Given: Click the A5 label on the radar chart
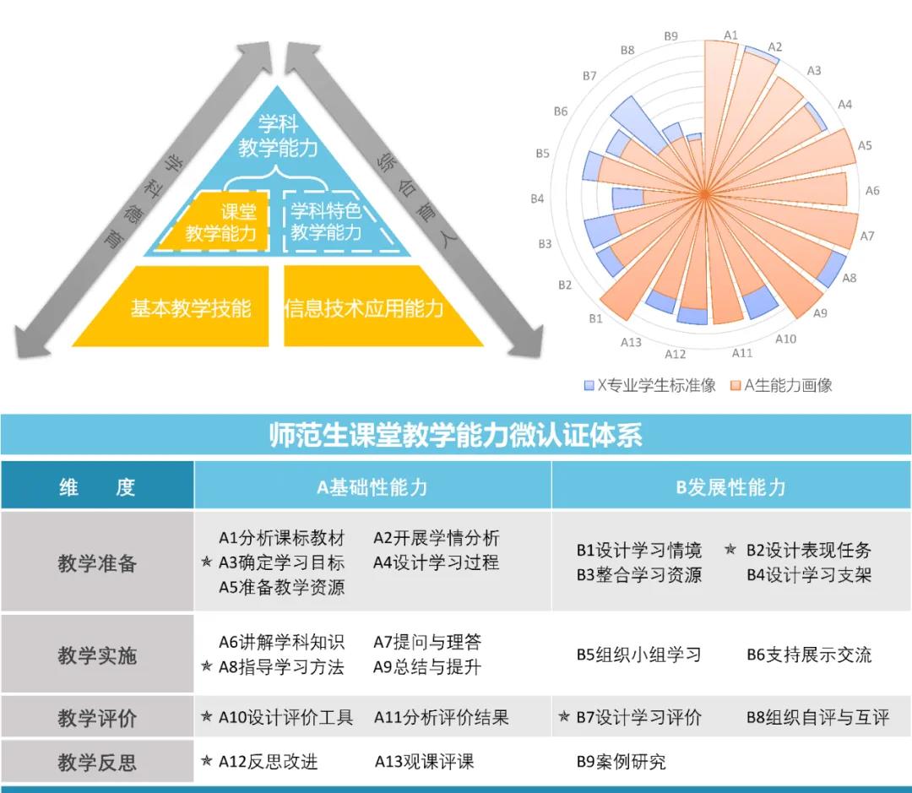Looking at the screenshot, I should coord(865,146).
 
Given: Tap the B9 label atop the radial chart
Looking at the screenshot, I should coord(670,36).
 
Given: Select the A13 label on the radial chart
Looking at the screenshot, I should coord(631,342).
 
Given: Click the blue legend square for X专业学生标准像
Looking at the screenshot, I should coord(589,385).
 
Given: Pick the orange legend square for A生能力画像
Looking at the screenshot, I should coord(736,385).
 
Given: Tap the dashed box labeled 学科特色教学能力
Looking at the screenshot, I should coord(326,221).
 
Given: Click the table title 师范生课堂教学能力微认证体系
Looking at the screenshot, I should coord(455,435).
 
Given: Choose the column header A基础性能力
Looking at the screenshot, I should coord(372,487).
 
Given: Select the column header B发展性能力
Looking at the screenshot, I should coord(731,487).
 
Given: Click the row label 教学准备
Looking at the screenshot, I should coord(97,562).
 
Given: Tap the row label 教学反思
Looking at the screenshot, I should coord(97,763).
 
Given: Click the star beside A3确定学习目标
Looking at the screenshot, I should coord(207,562).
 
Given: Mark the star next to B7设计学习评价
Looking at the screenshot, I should coord(564,718).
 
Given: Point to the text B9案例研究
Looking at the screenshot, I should coord(621,762).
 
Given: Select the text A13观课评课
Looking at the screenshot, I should coord(424,761).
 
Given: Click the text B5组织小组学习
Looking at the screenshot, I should coord(638,655).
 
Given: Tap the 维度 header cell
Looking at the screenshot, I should coord(97,487).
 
